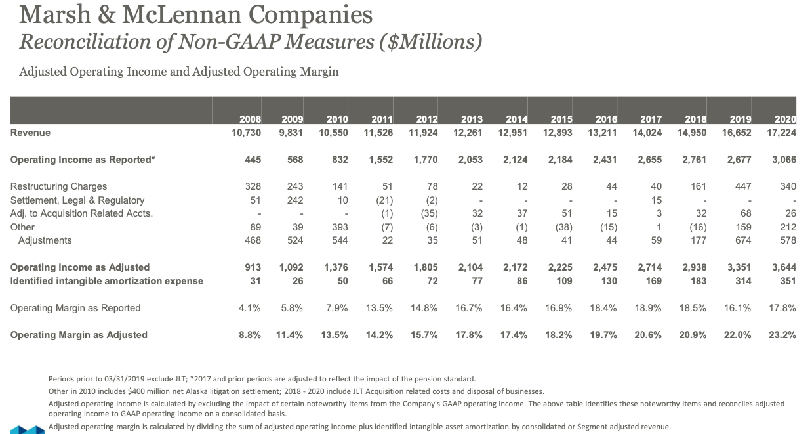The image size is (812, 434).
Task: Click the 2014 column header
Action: (x=518, y=119)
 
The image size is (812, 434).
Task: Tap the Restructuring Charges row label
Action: (x=58, y=186)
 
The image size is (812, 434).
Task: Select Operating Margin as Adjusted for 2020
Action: (x=782, y=335)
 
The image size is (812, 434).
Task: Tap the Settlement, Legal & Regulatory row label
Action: (x=77, y=200)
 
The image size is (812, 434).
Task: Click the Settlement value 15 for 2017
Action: (x=656, y=200)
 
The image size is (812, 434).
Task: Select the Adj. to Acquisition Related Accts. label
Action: (x=81, y=213)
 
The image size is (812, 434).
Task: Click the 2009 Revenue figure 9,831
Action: (x=291, y=133)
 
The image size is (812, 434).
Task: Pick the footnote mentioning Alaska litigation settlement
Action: (x=296, y=391)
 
